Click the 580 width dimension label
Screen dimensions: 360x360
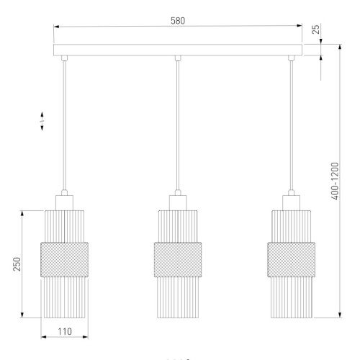178,21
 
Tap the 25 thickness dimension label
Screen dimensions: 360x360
317,30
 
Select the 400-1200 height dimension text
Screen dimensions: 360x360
335,181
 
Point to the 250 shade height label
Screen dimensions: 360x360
17,264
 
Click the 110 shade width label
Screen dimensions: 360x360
65,332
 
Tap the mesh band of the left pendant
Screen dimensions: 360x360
65,260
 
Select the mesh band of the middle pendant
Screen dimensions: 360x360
178,260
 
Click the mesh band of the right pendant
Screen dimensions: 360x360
292,260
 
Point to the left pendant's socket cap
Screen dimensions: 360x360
64,203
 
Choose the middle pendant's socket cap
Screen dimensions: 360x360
178,203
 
